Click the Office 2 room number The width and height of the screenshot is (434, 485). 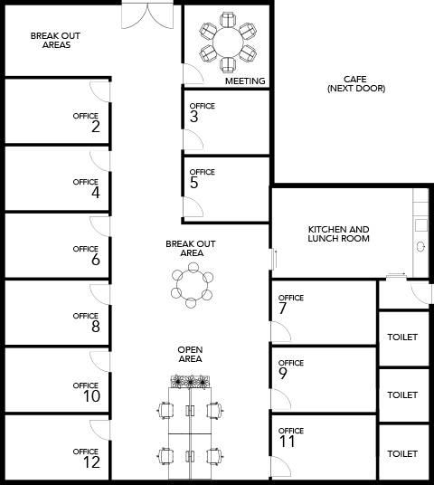click(96, 127)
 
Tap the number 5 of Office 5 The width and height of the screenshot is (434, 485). click(193, 183)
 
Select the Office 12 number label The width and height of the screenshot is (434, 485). click(91, 462)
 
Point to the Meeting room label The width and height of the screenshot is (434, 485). click(245, 81)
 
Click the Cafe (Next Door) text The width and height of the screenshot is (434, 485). click(356, 84)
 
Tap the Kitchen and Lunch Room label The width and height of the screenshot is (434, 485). click(338, 233)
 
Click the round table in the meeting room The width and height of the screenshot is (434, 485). click(228, 42)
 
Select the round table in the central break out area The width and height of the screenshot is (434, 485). click(192, 284)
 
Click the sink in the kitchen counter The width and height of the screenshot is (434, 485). click(420, 246)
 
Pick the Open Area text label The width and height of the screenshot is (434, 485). click(190, 354)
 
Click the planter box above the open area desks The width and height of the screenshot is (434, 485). click(191, 381)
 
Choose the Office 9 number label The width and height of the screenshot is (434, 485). click(283, 374)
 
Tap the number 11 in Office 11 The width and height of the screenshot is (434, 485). click(288, 442)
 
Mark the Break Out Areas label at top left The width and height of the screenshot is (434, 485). click(56, 40)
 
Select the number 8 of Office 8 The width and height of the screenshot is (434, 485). click(96, 327)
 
